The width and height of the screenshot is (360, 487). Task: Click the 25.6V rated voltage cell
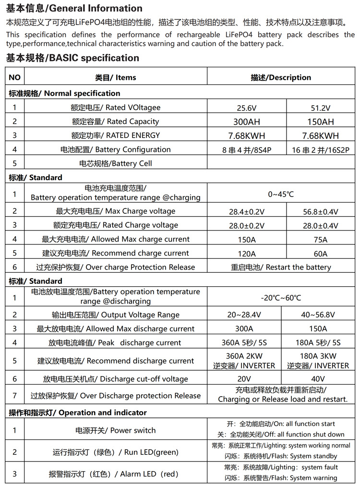coord(247,108)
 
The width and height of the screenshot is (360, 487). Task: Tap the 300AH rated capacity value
coord(247,122)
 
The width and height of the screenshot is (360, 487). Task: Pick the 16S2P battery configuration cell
coord(320,150)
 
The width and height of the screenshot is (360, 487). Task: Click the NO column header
coord(15,77)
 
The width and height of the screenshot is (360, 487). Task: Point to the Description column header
coord(281,77)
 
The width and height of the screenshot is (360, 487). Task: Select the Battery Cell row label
coord(115,163)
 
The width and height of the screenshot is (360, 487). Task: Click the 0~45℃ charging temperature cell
coord(281,194)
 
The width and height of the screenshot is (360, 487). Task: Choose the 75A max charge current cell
coord(320,240)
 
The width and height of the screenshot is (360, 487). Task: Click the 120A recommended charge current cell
coord(247,254)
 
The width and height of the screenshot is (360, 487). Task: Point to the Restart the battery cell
coord(281,267)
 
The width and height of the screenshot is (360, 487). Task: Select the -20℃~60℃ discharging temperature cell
coord(281,298)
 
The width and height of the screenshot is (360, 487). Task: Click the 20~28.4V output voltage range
coord(247,315)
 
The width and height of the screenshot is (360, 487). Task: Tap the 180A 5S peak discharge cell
coord(320,343)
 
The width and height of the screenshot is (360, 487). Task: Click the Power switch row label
coord(115,430)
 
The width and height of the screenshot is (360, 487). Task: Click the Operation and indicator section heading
coord(78,413)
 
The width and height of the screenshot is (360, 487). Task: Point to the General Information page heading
coord(74,8)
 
